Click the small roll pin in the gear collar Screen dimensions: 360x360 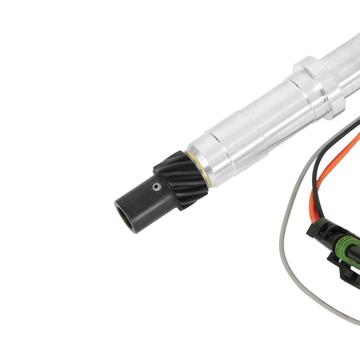156,187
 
